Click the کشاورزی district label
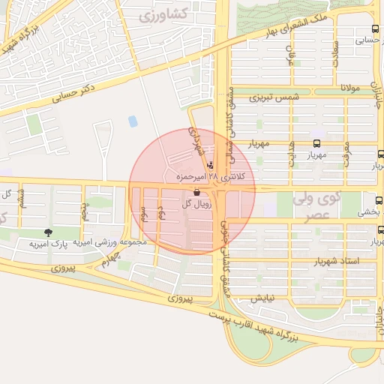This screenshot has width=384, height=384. pos(151,13)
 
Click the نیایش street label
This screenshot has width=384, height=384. pos(263,297)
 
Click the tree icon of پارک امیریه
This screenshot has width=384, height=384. pos(49,233)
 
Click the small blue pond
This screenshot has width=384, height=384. pos(133,121)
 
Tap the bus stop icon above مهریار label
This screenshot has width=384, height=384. pos(314,143)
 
